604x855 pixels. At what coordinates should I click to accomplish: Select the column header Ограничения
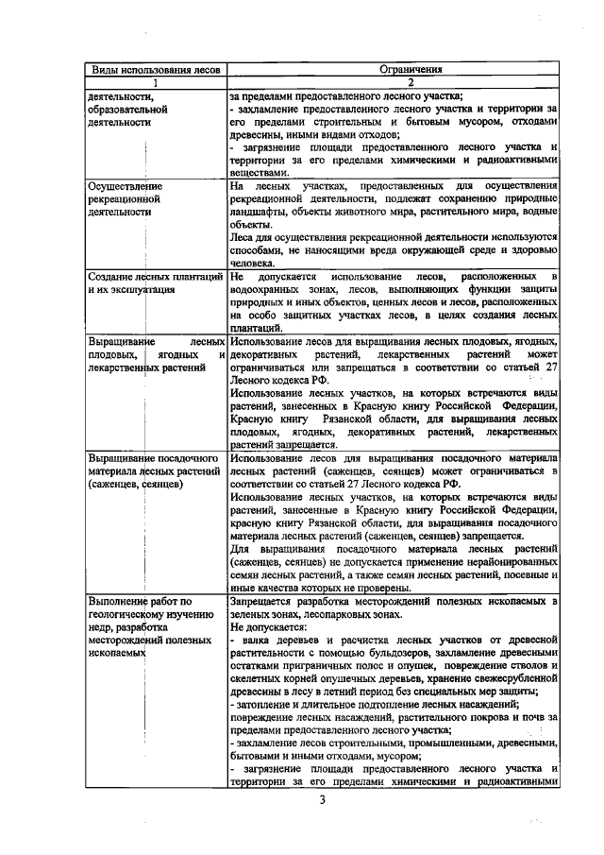tap(392, 70)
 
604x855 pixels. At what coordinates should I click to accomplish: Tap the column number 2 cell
tap(392, 82)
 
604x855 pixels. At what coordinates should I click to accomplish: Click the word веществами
tap(255, 173)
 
